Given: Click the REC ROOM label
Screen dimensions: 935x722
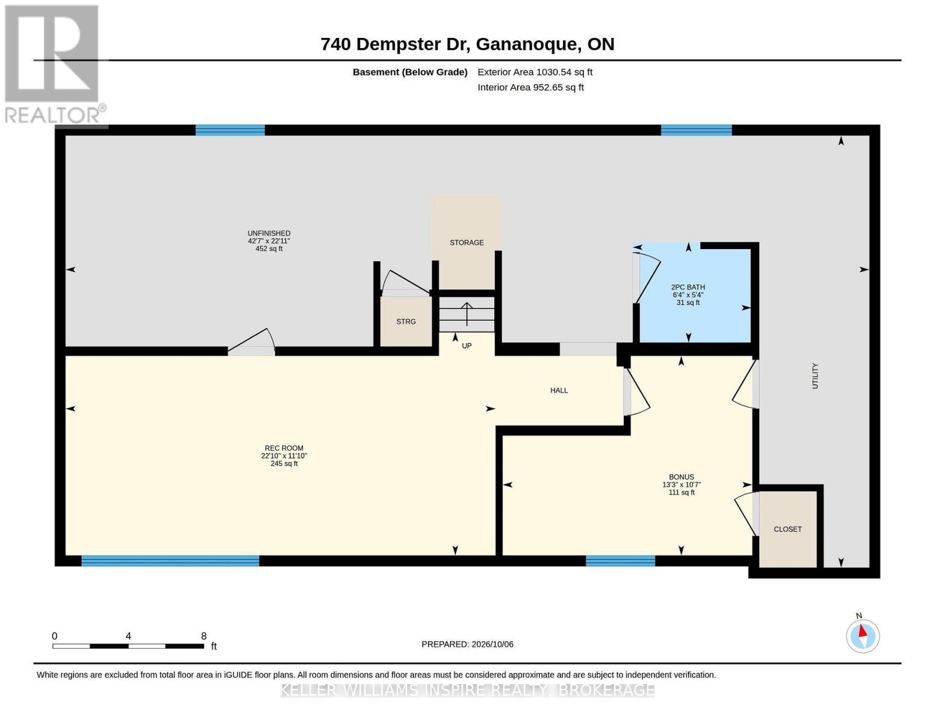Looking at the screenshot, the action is pos(284,448).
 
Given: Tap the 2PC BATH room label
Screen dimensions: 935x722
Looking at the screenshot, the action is pos(688,287).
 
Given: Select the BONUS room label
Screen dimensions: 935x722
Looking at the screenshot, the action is pos(682,477).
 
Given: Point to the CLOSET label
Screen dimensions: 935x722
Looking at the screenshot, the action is pos(787,529).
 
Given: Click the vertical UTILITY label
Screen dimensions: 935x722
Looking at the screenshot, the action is pos(815,376).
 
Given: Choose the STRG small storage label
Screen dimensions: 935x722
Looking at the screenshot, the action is pos(406,322).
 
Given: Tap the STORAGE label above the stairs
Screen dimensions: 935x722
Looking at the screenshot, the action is pos(467,242).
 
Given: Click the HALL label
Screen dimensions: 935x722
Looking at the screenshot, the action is pos(559,390).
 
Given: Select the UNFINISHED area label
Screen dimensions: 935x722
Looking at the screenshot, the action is pos(269,233).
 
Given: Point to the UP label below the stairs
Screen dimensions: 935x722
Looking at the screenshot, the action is pos(467,346).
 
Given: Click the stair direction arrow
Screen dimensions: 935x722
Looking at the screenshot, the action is pos(467,314).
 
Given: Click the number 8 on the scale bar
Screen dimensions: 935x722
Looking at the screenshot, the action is pos(203,636).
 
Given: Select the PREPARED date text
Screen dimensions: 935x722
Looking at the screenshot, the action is pos(467,644).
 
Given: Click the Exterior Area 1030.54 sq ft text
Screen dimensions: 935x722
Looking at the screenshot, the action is pos(535,72).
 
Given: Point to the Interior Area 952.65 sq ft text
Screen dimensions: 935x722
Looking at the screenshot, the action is pos(530,87).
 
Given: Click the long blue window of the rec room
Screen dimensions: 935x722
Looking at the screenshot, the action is pos(170,561).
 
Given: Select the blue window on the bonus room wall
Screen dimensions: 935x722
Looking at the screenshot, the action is pos(621,561).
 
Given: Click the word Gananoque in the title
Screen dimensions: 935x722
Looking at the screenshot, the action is pos(526,45).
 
